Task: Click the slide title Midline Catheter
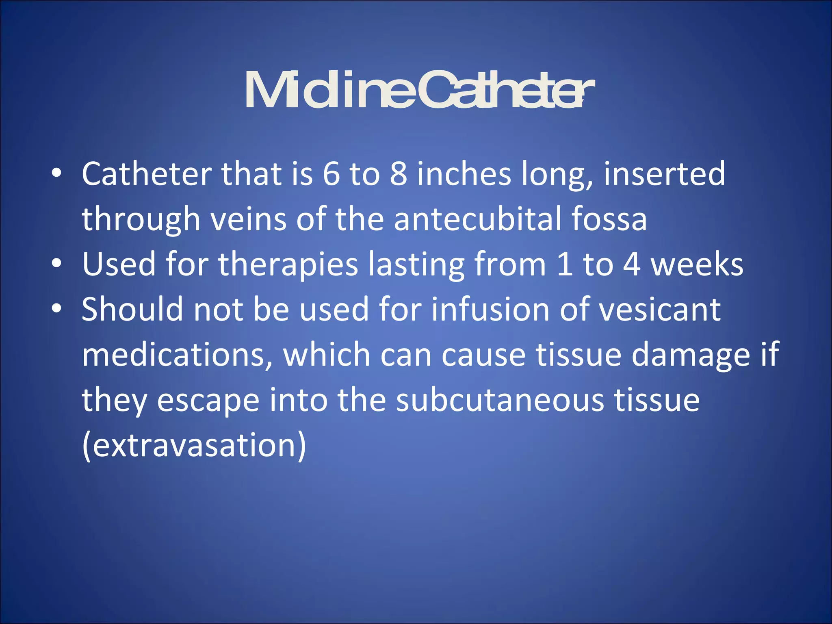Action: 419,90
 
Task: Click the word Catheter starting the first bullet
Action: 146,174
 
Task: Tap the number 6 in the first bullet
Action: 331,174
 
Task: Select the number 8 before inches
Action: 399,174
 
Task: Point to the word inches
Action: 464,174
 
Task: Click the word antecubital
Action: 477,219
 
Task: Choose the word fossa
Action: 609,219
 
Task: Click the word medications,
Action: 177,355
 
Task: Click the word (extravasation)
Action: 194,446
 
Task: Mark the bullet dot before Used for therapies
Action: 56,264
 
